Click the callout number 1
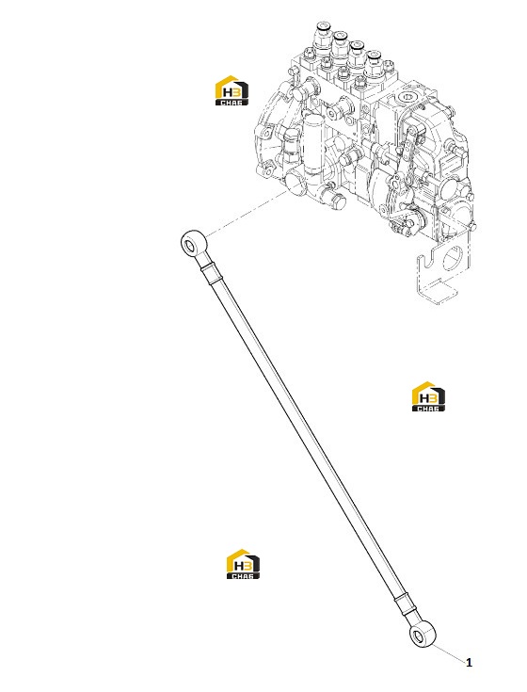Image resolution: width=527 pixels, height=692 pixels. [469, 662]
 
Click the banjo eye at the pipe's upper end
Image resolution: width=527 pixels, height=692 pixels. [194, 243]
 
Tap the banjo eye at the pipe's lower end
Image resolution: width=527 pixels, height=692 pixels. [423, 636]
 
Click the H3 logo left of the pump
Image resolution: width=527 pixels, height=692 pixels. [232, 91]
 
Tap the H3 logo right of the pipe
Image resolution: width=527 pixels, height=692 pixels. [428, 396]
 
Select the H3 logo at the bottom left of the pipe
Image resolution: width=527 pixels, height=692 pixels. [243, 564]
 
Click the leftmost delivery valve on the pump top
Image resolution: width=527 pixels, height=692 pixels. [322, 36]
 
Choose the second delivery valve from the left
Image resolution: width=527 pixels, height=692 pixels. [340, 45]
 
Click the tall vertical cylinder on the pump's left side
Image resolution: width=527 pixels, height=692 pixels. [314, 142]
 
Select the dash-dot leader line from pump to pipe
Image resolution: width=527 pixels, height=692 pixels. [247, 214]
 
